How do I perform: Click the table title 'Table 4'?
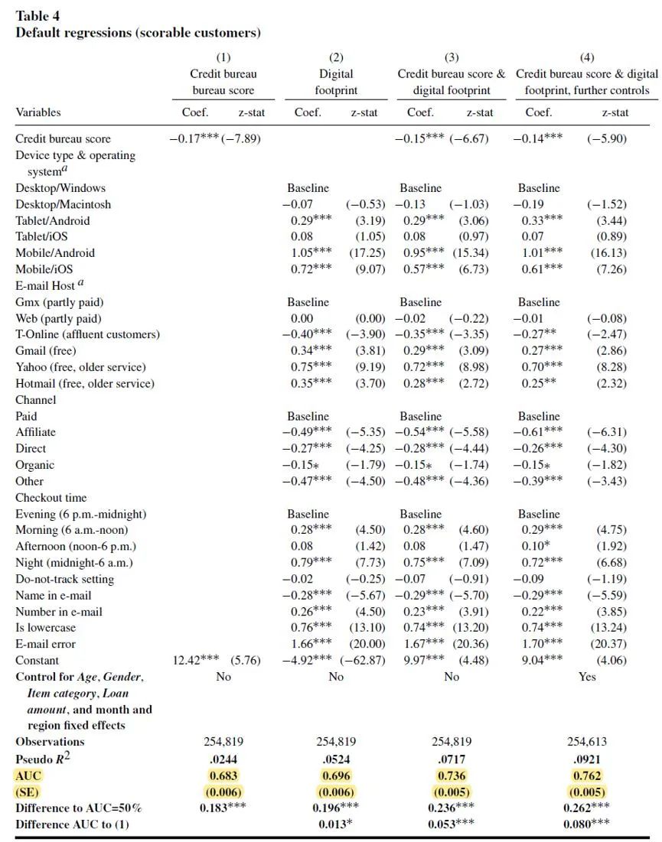(x=38, y=16)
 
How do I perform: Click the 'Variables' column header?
(x=38, y=112)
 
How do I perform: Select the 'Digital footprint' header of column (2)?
(x=336, y=82)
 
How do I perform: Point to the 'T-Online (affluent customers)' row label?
(x=88, y=335)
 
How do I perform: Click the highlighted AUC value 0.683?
(x=223, y=775)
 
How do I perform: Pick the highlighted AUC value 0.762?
(x=587, y=775)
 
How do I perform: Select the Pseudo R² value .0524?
(x=336, y=759)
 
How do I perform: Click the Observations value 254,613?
(x=587, y=742)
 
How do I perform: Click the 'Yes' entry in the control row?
(x=587, y=677)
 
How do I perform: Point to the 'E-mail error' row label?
(x=47, y=644)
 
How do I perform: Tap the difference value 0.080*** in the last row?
(x=587, y=824)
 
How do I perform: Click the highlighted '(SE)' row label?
(x=27, y=792)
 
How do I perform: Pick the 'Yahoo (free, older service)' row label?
(x=80, y=368)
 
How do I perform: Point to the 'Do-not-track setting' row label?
(x=65, y=580)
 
